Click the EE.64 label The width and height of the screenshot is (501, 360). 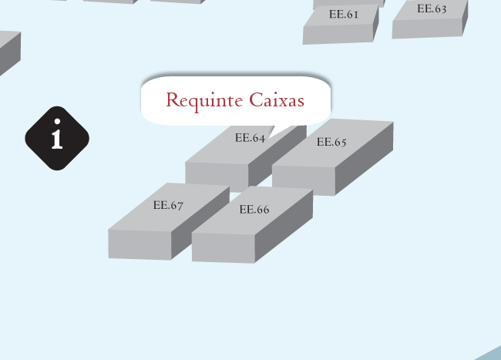[250, 139]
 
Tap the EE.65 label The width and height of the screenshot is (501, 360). [331, 142]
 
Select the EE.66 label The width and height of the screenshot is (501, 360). [254, 210]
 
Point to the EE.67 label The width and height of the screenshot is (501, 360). [168, 205]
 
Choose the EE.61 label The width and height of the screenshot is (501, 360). [343, 14]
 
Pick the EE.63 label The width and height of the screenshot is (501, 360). [432, 9]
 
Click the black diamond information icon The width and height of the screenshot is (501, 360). [57, 138]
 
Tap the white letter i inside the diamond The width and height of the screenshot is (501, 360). [56, 136]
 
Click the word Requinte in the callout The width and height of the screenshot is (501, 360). [205, 100]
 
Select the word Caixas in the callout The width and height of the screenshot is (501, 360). [277, 100]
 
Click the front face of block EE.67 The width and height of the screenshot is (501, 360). [140, 244]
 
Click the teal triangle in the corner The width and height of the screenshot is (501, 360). [491, 354]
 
